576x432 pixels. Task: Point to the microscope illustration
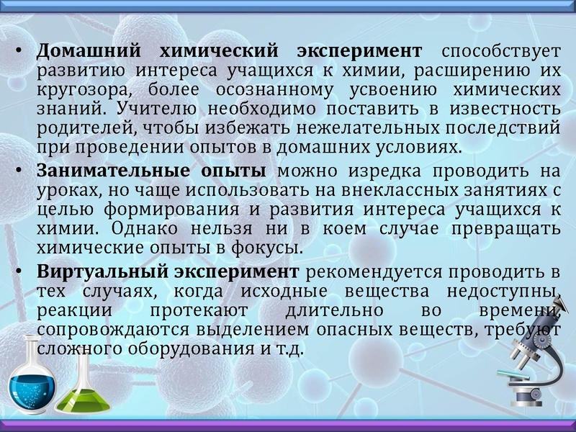[x=529, y=360]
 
